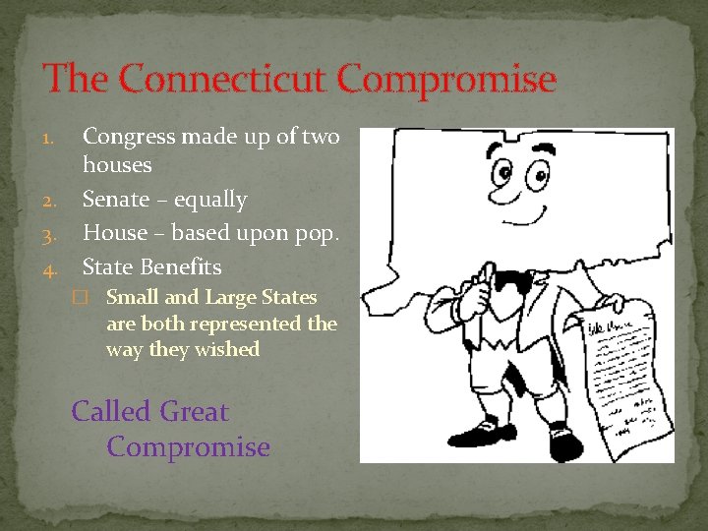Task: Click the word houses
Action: [x=117, y=164]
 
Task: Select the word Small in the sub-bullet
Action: [x=132, y=297]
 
